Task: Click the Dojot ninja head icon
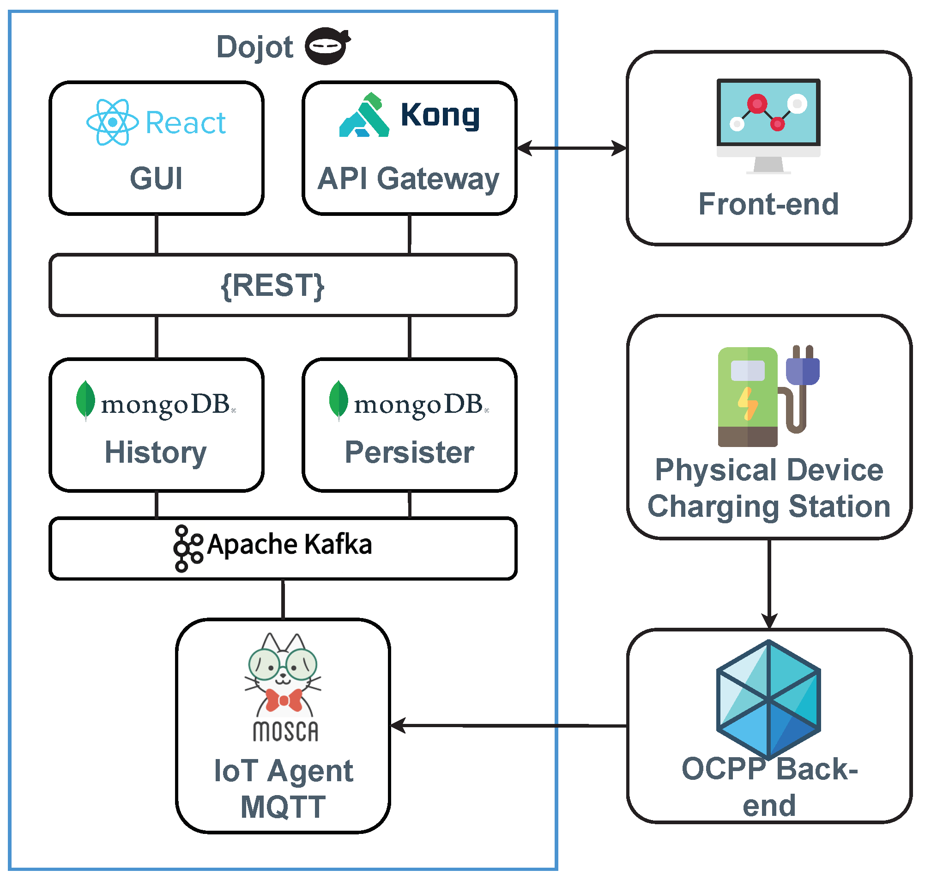click(x=327, y=46)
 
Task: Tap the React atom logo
click(x=112, y=122)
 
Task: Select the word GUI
click(x=156, y=179)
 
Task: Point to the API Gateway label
click(x=408, y=179)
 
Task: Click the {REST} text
click(x=272, y=285)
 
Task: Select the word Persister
click(x=409, y=453)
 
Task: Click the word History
click(x=156, y=453)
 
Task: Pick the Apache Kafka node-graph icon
click(x=188, y=549)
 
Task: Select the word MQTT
click(x=283, y=808)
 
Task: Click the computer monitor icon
click(x=768, y=125)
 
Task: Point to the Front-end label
click(x=768, y=204)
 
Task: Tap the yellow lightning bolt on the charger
click(x=747, y=404)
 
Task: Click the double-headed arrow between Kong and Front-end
click(x=572, y=148)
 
